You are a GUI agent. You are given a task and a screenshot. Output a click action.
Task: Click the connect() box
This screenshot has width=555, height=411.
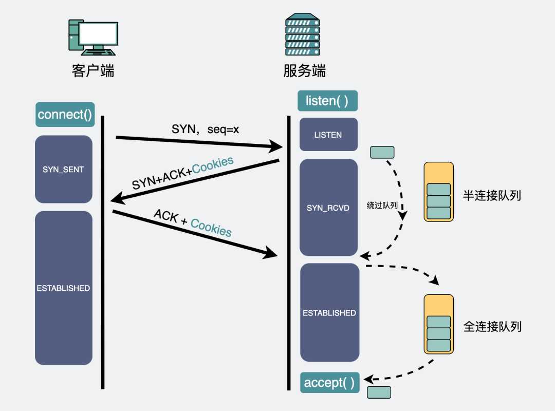(65, 115)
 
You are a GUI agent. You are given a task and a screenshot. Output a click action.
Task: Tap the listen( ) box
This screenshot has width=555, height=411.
(327, 101)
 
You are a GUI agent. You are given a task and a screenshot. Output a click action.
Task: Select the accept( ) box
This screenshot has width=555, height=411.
(329, 383)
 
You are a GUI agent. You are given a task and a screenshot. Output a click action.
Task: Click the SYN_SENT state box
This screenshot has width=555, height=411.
(63, 169)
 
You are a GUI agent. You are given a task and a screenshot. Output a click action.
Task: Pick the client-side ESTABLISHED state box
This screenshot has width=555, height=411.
(63, 288)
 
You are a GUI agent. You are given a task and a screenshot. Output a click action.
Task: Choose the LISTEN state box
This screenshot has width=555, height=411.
(328, 135)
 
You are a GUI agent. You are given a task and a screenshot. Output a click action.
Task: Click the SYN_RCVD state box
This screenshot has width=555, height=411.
(328, 208)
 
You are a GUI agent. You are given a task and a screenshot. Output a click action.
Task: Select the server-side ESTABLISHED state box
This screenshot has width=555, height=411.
(329, 313)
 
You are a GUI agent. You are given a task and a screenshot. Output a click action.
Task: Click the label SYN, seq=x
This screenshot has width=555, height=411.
(205, 129)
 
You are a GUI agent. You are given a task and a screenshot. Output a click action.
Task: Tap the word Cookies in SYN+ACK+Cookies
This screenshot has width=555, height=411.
(213, 166)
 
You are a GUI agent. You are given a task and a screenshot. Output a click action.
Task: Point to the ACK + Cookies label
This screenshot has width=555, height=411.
(193, 223)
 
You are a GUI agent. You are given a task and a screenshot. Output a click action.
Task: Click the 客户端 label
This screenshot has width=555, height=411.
(93, 70)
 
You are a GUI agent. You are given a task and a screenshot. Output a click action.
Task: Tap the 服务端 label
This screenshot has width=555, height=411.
(304, 70)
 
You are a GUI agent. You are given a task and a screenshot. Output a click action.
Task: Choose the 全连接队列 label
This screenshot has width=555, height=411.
(492, 326)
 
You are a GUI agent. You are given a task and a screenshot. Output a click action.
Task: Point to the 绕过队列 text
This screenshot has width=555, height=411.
(382, 205)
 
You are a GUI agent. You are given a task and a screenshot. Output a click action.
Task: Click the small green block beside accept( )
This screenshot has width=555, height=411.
(379, 392)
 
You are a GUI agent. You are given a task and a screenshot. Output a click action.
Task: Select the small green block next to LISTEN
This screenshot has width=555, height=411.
(382, 152)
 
